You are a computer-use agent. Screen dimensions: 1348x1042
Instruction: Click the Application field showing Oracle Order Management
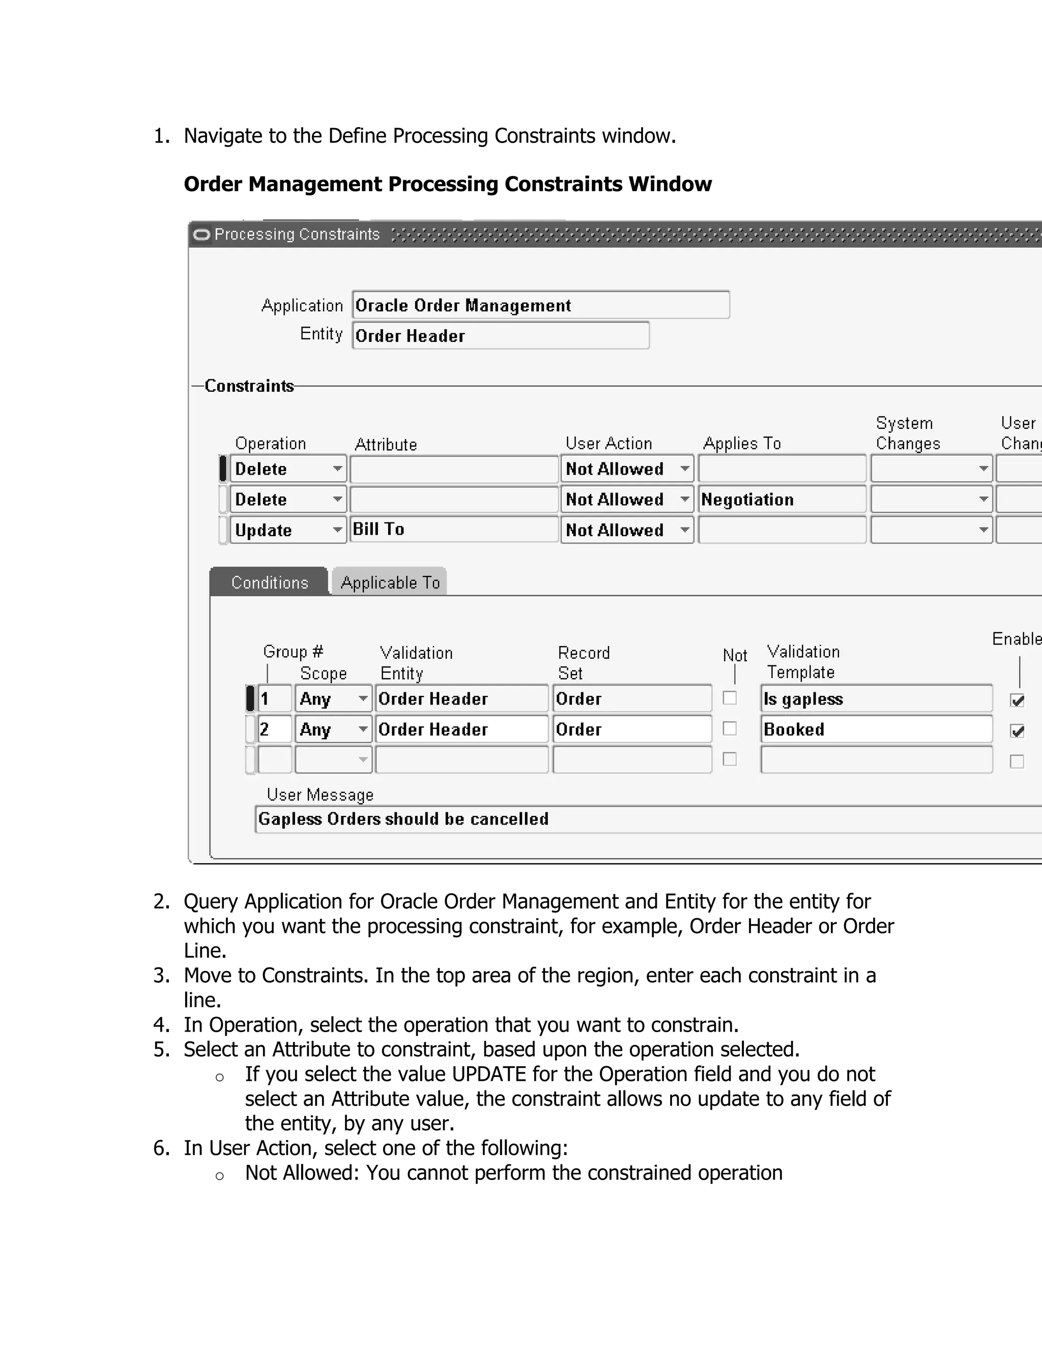click(540, 305)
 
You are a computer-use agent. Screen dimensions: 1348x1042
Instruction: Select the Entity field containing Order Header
click(500, 335)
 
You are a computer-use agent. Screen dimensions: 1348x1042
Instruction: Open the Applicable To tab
click(390, 582)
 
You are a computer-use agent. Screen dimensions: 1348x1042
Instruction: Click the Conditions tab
click(269, 582)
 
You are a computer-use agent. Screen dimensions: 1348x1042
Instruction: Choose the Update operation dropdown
click(287, 530)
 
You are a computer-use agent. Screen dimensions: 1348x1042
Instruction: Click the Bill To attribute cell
click(454, 529)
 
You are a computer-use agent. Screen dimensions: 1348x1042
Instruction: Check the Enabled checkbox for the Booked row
click(1017, 731)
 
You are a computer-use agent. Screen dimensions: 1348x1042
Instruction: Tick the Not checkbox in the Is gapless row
click(730, 698)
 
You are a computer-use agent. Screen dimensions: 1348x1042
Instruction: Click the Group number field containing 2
click(274, 729)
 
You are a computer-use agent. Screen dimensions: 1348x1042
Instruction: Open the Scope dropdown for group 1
click(333, 699)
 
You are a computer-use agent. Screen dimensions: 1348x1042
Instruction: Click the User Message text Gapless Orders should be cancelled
click(403, 818)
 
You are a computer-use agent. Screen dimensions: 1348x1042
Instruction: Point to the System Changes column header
click(908, 433)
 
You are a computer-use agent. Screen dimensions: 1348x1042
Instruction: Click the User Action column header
click(609, 443)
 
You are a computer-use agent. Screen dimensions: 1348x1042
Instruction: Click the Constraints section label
click(249, 386)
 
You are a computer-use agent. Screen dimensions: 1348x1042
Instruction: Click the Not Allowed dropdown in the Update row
click(626, 530)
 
